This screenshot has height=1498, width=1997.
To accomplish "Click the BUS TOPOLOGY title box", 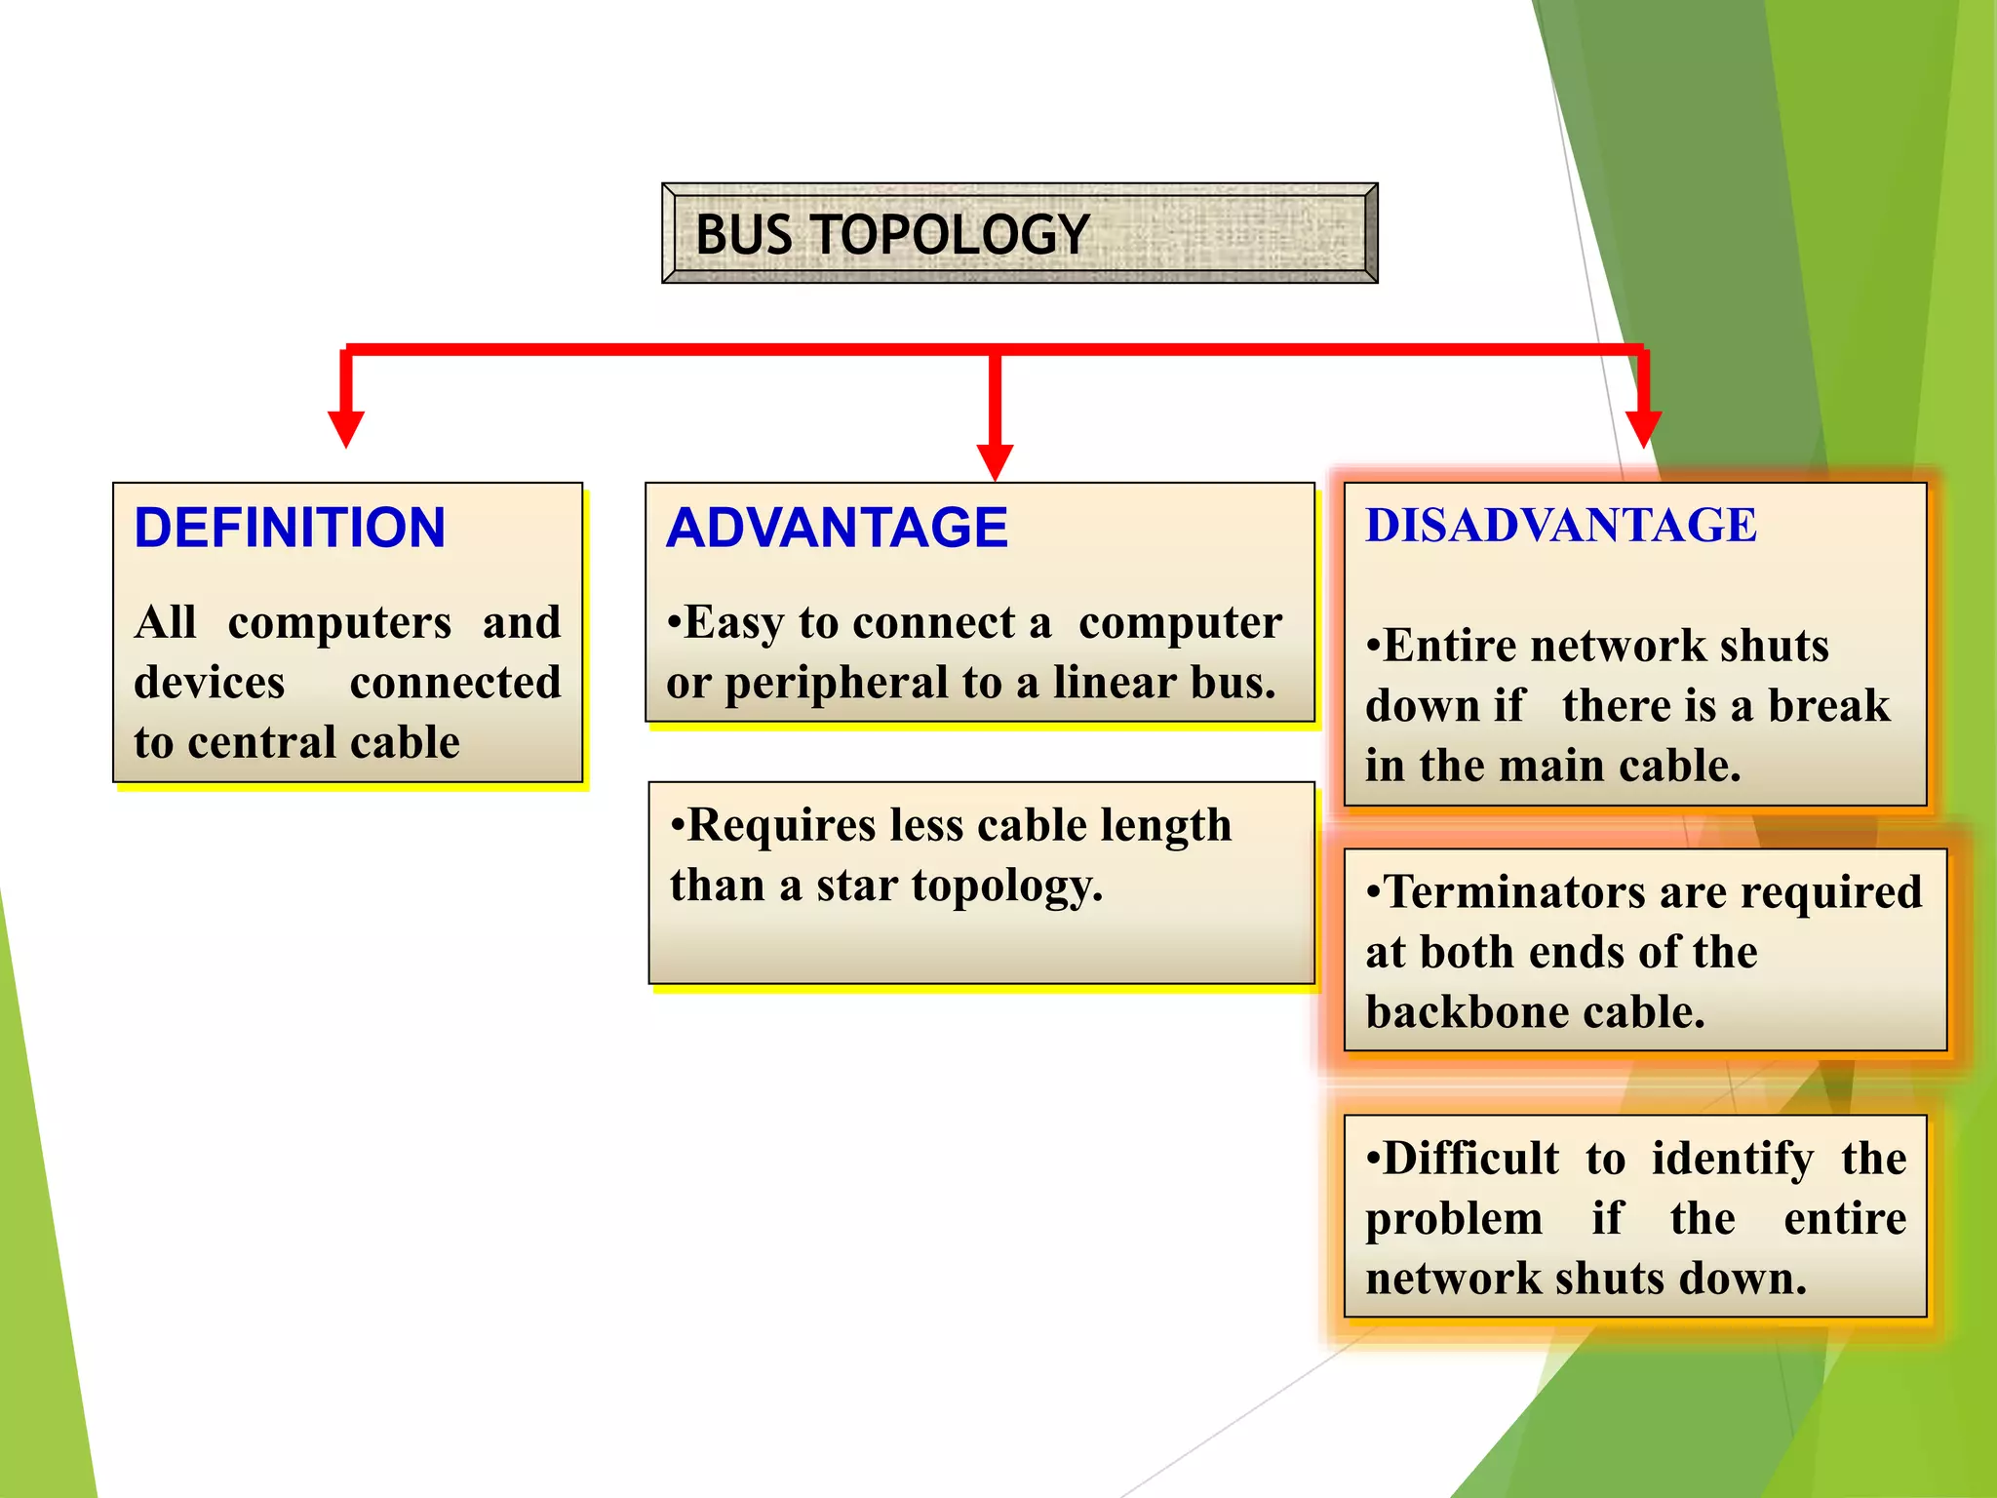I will click(1019, 234).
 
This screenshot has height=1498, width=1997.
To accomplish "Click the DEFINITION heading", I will click(290, 528).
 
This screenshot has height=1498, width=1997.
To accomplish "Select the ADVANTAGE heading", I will click(837, 528).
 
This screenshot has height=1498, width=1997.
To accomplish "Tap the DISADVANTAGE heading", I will click(1560, 526).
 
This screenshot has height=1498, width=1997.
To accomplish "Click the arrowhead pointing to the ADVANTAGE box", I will click(995, 461).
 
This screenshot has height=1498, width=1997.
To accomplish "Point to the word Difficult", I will click(1470, 1159).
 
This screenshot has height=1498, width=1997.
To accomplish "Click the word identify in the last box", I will click(1733, 1159).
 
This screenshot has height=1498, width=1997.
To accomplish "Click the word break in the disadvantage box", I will click(1828, 705).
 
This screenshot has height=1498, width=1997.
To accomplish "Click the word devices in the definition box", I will click(210, 683).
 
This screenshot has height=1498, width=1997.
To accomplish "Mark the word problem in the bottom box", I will click(1454, 1218).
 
